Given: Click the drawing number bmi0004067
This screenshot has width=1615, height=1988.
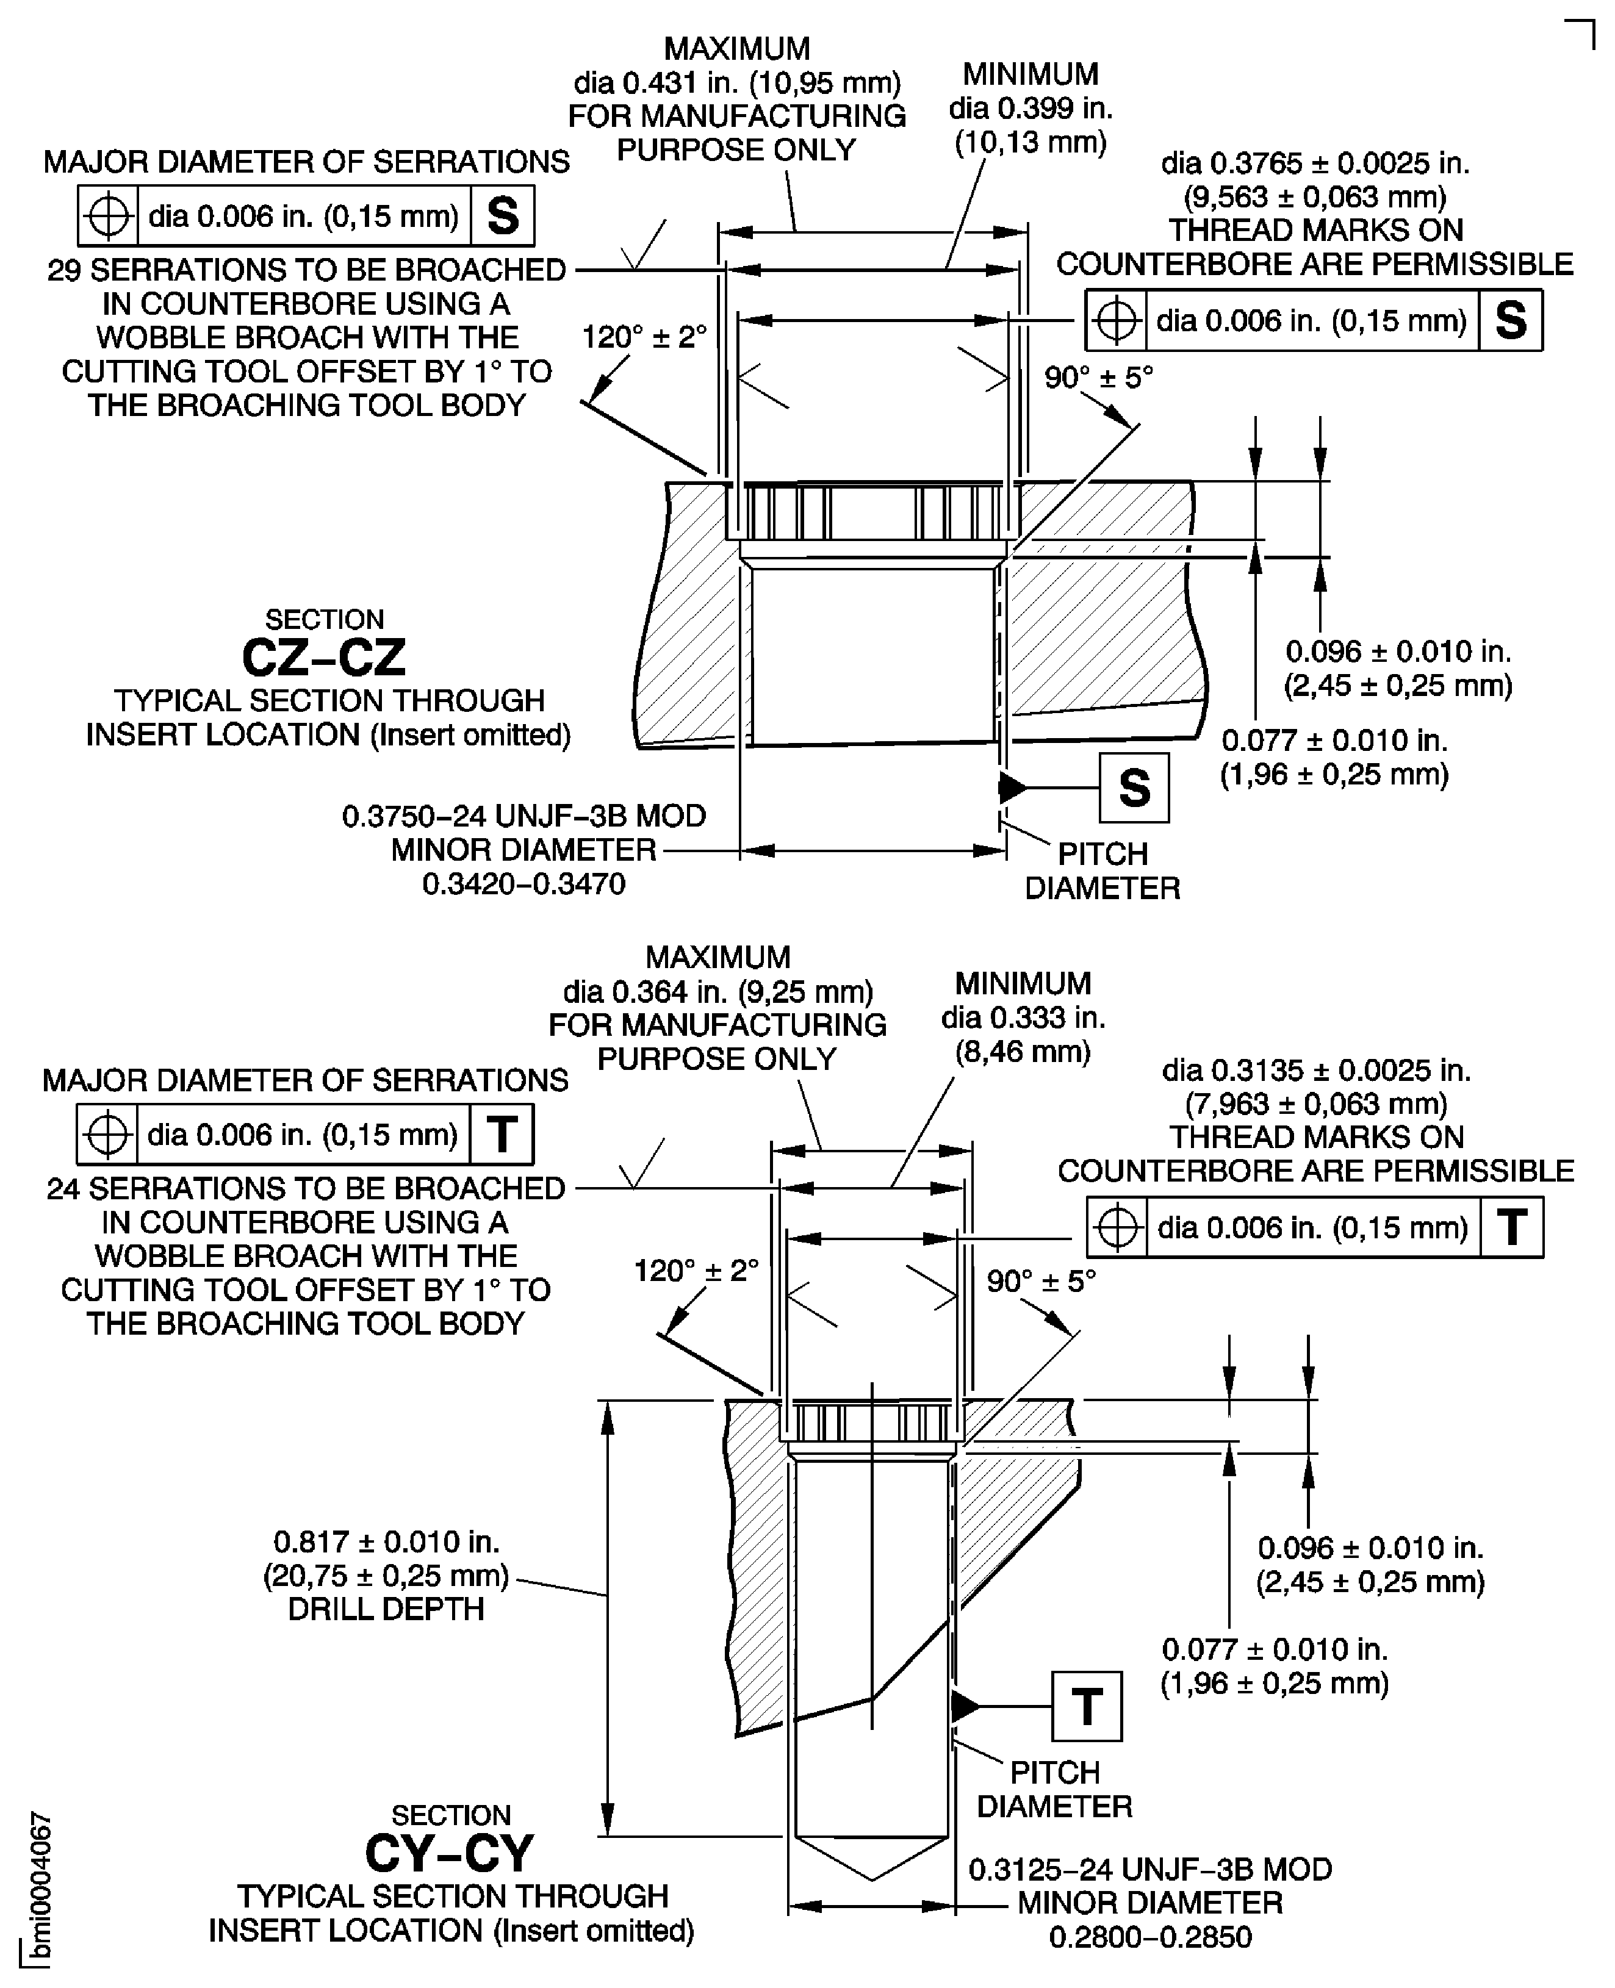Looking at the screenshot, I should coord(39,1889).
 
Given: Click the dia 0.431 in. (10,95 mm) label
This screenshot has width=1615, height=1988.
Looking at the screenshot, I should coord(737,83).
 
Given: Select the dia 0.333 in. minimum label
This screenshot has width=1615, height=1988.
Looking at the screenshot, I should coord(1023,1017).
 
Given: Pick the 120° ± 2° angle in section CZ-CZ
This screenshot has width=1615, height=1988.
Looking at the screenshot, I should coord(644,337).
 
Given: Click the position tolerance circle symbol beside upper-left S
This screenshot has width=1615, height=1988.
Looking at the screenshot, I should coord(109,216).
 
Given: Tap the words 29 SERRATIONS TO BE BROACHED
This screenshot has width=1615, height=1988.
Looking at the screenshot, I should coord(306,270).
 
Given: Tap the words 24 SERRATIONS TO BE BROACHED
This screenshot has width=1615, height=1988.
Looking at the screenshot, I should coord(306,1188).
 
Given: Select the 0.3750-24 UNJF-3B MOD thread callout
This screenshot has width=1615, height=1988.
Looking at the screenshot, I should coord(523,816).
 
